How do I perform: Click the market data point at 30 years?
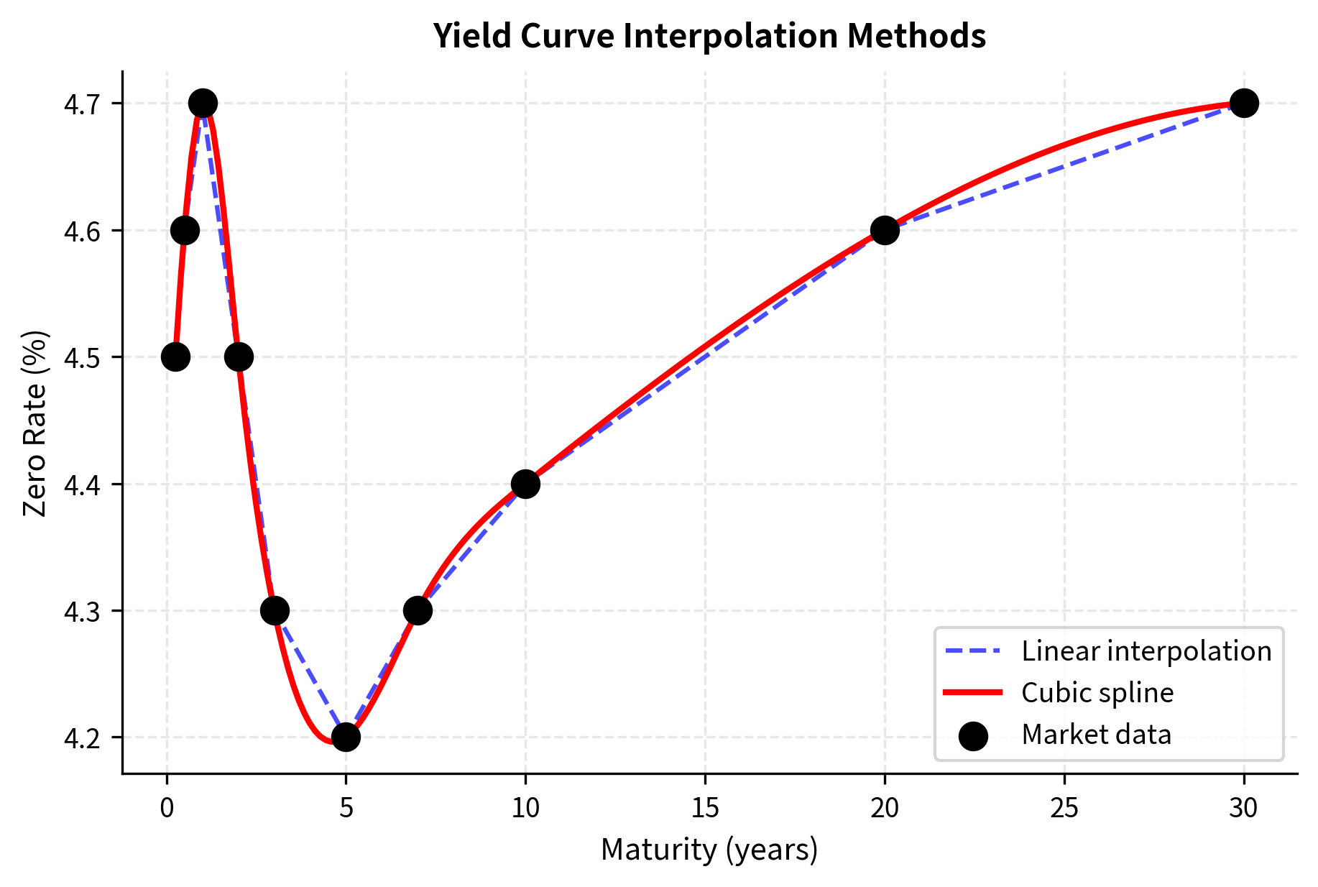tap(1243, 103)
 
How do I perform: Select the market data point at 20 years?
tap(885, 230)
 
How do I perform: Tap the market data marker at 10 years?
tap(525, 484)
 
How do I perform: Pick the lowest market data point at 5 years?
tap(346, 737)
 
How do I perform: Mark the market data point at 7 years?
tap(418, 610)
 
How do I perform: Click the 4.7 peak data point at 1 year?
tap(203, 103)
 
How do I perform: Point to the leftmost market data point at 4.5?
tap(175, 357)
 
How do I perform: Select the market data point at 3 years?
tap(275, 610)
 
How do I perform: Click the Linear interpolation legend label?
tap(1146, 651)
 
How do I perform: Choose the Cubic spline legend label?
tap(1097, 693)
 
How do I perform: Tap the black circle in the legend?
tap(973, 735)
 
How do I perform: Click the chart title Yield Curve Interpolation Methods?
tap(709, 36)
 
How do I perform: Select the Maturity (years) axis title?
tap(709, 850)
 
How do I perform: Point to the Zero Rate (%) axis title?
tap(34, 423)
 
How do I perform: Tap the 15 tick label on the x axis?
tap(704, 809)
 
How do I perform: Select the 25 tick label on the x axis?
tap(1064, 809)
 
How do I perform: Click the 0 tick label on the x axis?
tap(167, 809)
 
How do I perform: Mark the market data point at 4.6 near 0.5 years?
tap(185, 230)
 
